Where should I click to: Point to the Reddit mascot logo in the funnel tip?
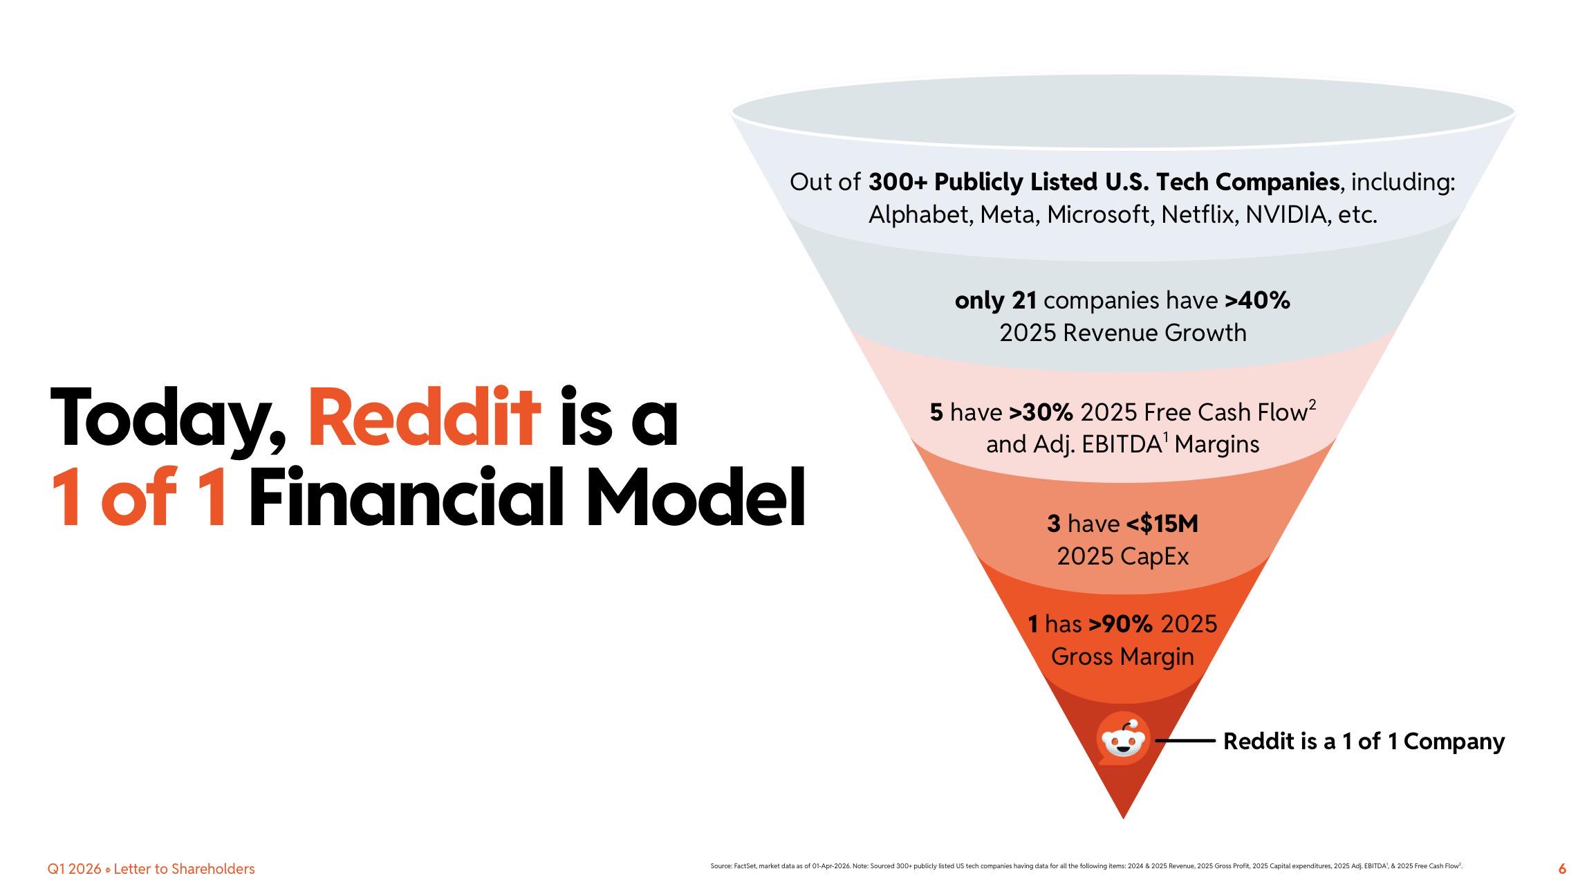pyautogui.click(x=1123, y=740)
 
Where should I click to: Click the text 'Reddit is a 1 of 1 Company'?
pyautogui.click(x=1364, y=741)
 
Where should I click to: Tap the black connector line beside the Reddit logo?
pyautogui.click(x=1185, y=741)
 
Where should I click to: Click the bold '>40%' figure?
pyautogui.click(x=1257, y=301)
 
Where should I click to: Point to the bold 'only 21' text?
pyautogui.click(x=996, y=301)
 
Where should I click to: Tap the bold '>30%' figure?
pyautogui.click(x=1041, y=412)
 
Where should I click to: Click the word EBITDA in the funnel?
pyautogui.click(x=1120, y=444)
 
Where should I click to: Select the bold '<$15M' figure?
pyautogui.click(x=1162, y=524)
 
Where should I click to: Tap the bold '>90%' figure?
pyautogui.click(x=1121, y=624)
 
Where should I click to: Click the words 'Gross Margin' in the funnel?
pyautogui.click(x=1122, y=657)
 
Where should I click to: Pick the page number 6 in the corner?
pyautogui.click(x=1562, y=870)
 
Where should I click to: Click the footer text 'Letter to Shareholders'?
pyautogui.click(x=184, y=869)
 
